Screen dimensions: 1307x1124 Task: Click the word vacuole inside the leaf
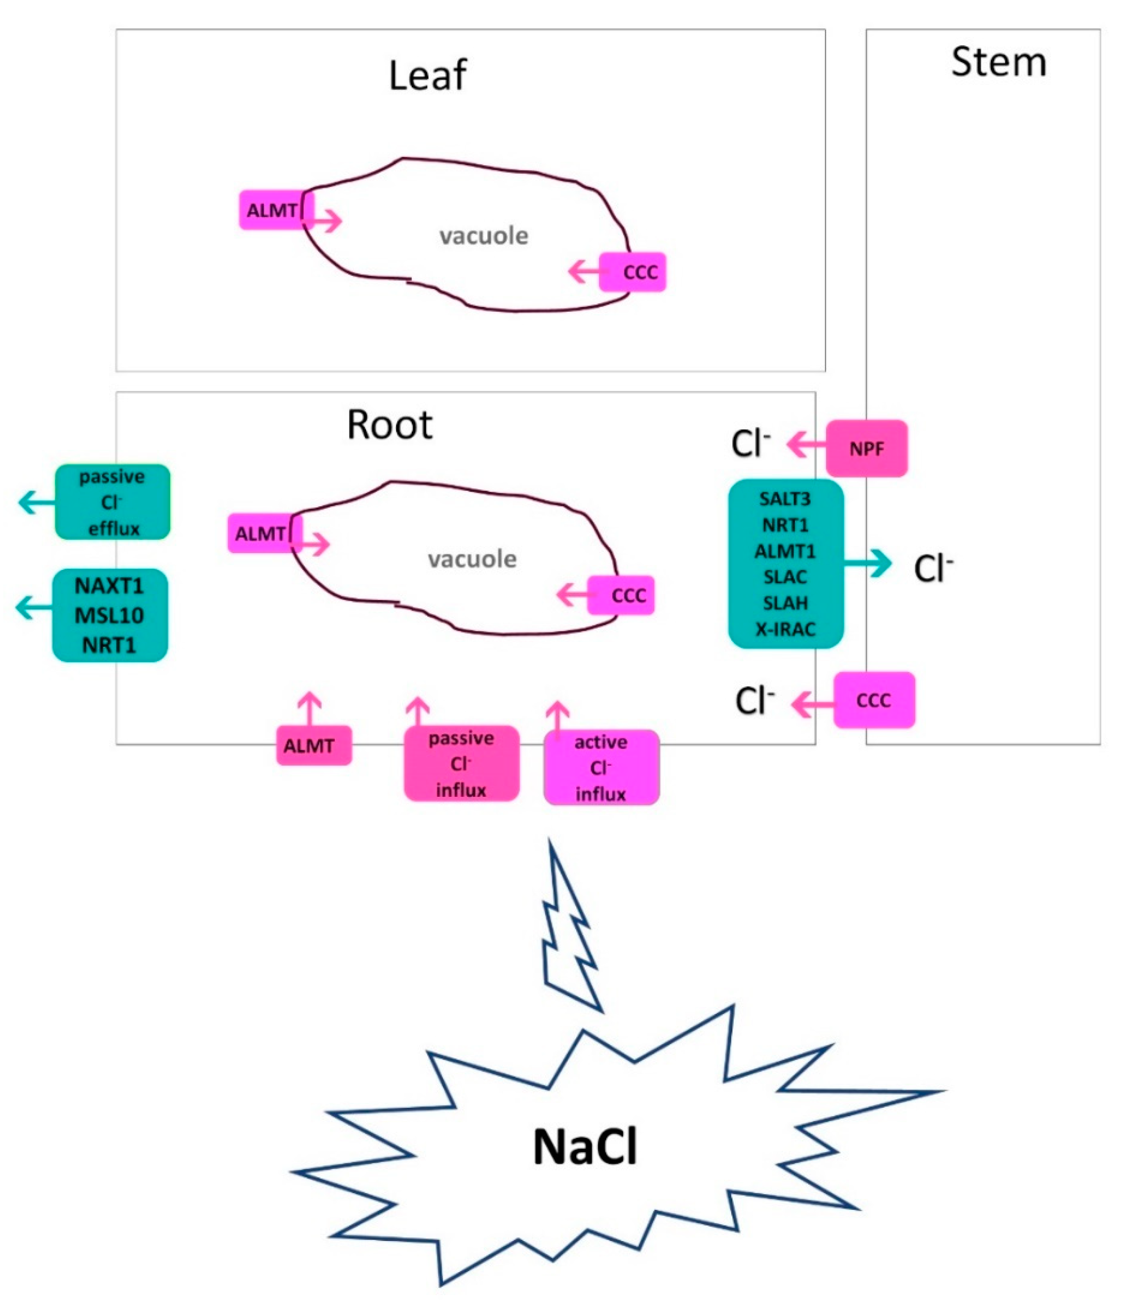(483, 236)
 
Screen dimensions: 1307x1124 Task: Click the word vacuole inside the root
(472, 559)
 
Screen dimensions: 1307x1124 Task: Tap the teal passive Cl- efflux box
(112, 502)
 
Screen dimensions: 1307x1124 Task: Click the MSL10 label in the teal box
(109, 615)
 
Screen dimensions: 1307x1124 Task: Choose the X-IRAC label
(785, 629)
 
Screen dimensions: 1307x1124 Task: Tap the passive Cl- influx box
(461, 764)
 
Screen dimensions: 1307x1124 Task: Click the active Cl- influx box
(601, 768)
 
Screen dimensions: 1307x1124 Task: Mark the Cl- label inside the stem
(933, 568)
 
